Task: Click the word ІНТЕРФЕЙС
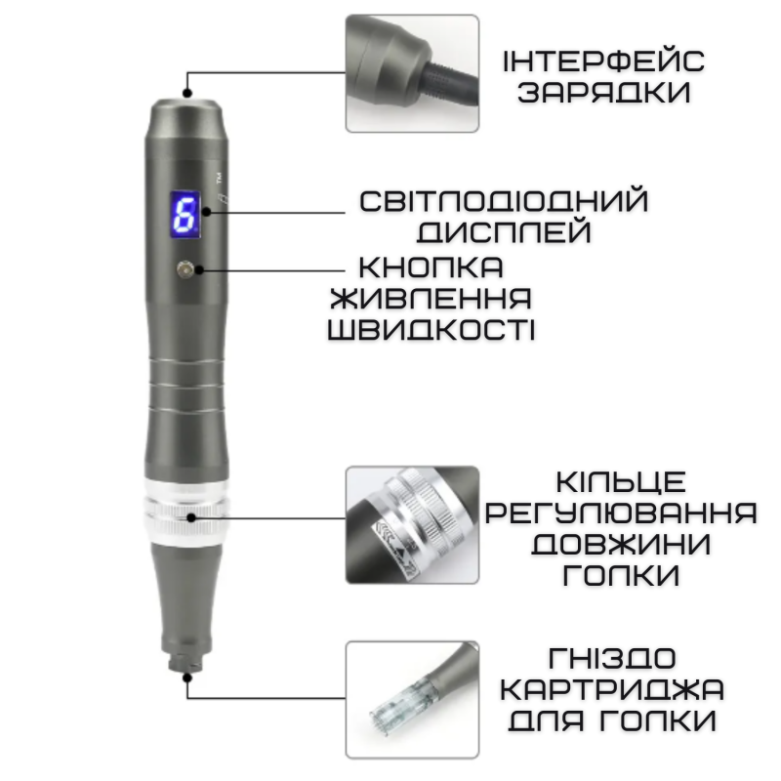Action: [x=603, y=61]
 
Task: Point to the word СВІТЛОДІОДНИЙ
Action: [x=503, y=202]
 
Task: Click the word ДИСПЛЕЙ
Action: [x=503, y=232]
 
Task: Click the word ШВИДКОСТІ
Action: [x=431, y=328]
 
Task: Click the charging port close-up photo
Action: [x=412, y=73]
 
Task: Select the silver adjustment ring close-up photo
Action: [x=412, y=523]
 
